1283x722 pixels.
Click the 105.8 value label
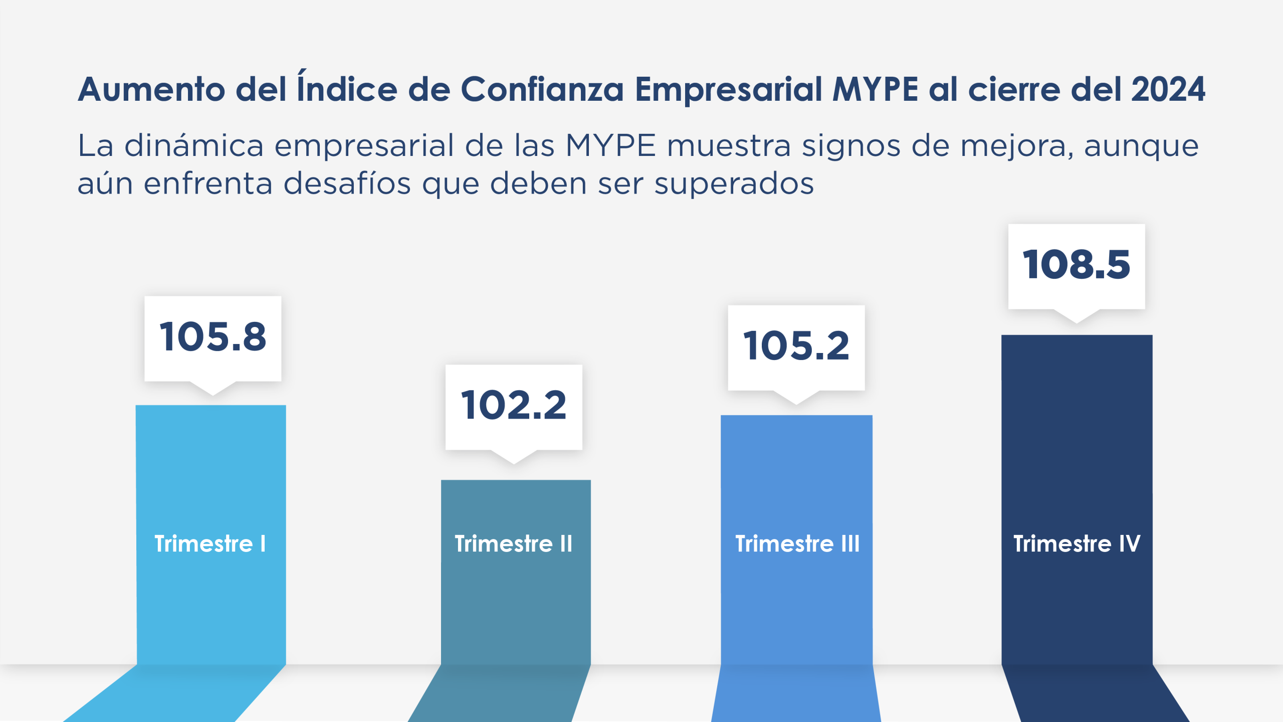(213, 337)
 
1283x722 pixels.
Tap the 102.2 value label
(514, 405)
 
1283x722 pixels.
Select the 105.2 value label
(796, 346)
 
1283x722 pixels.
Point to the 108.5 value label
(1077, 265)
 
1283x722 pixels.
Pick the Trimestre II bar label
(514, 544)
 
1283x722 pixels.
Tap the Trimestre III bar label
(797, 544)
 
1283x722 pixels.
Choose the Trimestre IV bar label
(1077, 544)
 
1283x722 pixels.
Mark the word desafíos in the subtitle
(347, 184)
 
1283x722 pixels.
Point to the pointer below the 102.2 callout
(514, 457)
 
